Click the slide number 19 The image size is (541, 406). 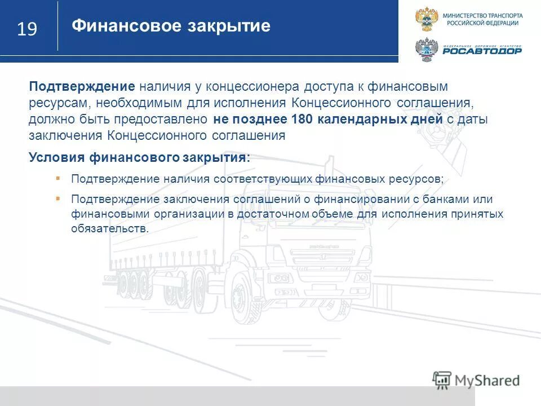[x=27, y=29]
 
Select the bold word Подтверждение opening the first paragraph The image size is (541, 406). [x=82, y=87]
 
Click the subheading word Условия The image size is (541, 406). [x=53, y=157]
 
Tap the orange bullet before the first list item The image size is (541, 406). [x=58, y=178]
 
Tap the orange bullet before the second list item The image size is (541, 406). [x=58, y=199]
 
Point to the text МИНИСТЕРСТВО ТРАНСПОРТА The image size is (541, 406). [x=482, y=15]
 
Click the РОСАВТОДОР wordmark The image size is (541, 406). [x=482, y=51]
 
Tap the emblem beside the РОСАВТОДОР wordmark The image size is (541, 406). [x=426, y=50]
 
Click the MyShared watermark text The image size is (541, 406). [x=487, y=380]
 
